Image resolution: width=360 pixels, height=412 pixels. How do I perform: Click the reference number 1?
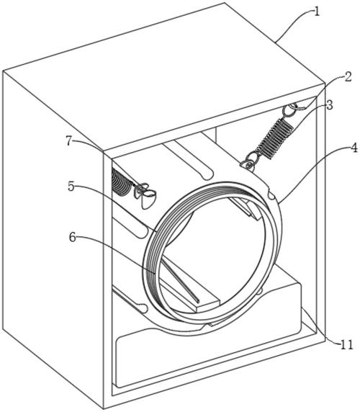click(317, 12)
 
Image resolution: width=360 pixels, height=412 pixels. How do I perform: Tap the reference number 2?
click(348, 78)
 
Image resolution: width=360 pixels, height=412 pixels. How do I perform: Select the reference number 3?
click(329, 105)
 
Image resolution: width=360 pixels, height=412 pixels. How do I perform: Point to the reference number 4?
click(354, 148)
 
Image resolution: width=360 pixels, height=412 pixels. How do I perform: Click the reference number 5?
click(71, 187)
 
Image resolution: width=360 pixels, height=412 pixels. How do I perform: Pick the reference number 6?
click(73, 237)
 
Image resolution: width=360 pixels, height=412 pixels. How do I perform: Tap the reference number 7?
click(69, 142)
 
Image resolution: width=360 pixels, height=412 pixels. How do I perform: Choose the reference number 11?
click(347, 345)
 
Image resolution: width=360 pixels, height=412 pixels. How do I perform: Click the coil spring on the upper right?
click(275, 138)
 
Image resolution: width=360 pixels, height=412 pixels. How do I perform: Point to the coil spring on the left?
click(120, 182)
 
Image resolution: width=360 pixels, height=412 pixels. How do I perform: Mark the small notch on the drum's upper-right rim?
click(271, 194)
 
